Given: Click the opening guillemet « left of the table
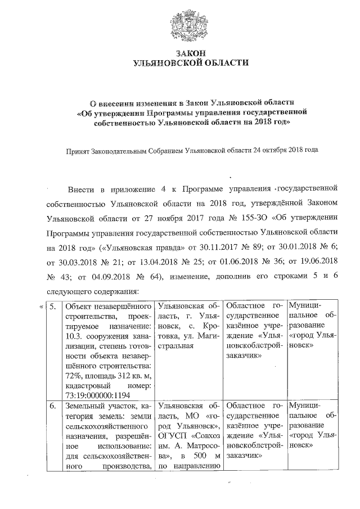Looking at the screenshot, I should click(x=41, y=307).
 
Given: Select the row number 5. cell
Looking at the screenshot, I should click(x=52, y=307).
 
